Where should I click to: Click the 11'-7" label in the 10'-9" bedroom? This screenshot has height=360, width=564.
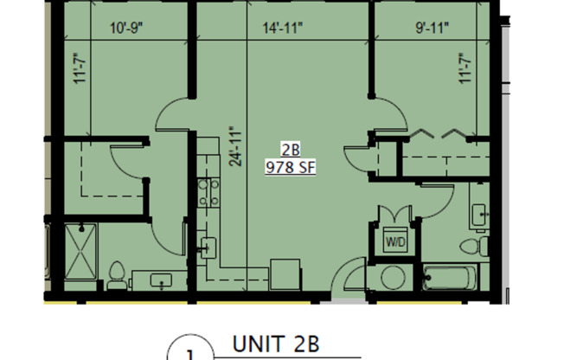click(x=80, y=67)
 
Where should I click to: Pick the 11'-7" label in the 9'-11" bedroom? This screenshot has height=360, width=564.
click(x=465, y=67)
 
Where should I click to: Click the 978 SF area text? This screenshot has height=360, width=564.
click(x=289, y=168)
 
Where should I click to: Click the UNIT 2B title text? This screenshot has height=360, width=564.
click(x=276, y=344)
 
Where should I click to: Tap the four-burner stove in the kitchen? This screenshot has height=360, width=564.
click(x=208, y=193)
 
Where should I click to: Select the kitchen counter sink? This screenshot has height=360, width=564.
click(x=208, y=247)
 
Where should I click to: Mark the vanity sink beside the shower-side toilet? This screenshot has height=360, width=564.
click(x=161, y=280)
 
